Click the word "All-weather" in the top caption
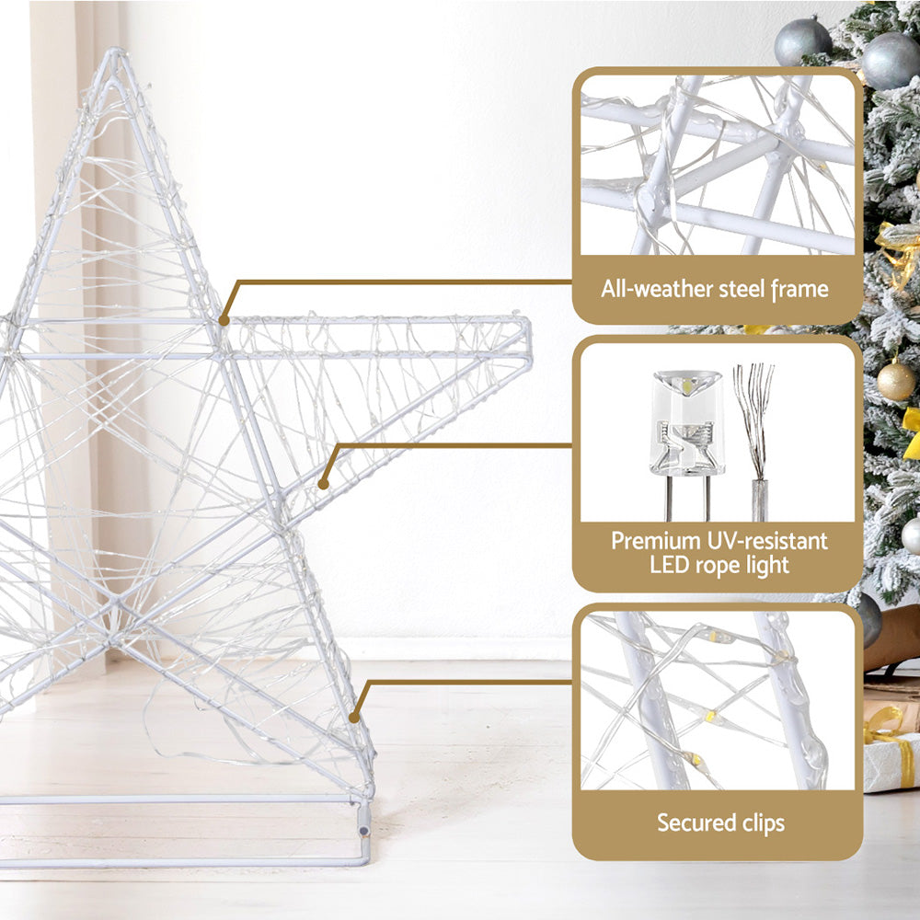coord(649,289)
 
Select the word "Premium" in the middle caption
coord(654,540)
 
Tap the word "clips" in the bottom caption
coord(761,822)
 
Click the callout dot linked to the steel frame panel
coord(224,320)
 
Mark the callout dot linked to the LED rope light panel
coord(323,482)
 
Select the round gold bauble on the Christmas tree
coord(895,381)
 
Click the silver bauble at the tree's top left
coord(802,41)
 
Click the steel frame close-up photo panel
coord(718,165)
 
